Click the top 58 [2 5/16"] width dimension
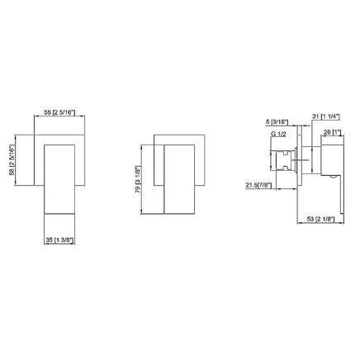tap(59, 112)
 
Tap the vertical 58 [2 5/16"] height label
tap(12, 160)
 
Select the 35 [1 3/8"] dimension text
tap(59, 240)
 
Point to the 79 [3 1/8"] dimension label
tap(138, 179)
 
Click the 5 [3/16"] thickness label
tap(277, 121)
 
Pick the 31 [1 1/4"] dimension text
tap(326, 116)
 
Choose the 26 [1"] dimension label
tap(333, 132)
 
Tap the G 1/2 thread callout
tap(278, 134)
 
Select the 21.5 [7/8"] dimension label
tap(258, 186)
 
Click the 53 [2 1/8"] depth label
tap(321, 219)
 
